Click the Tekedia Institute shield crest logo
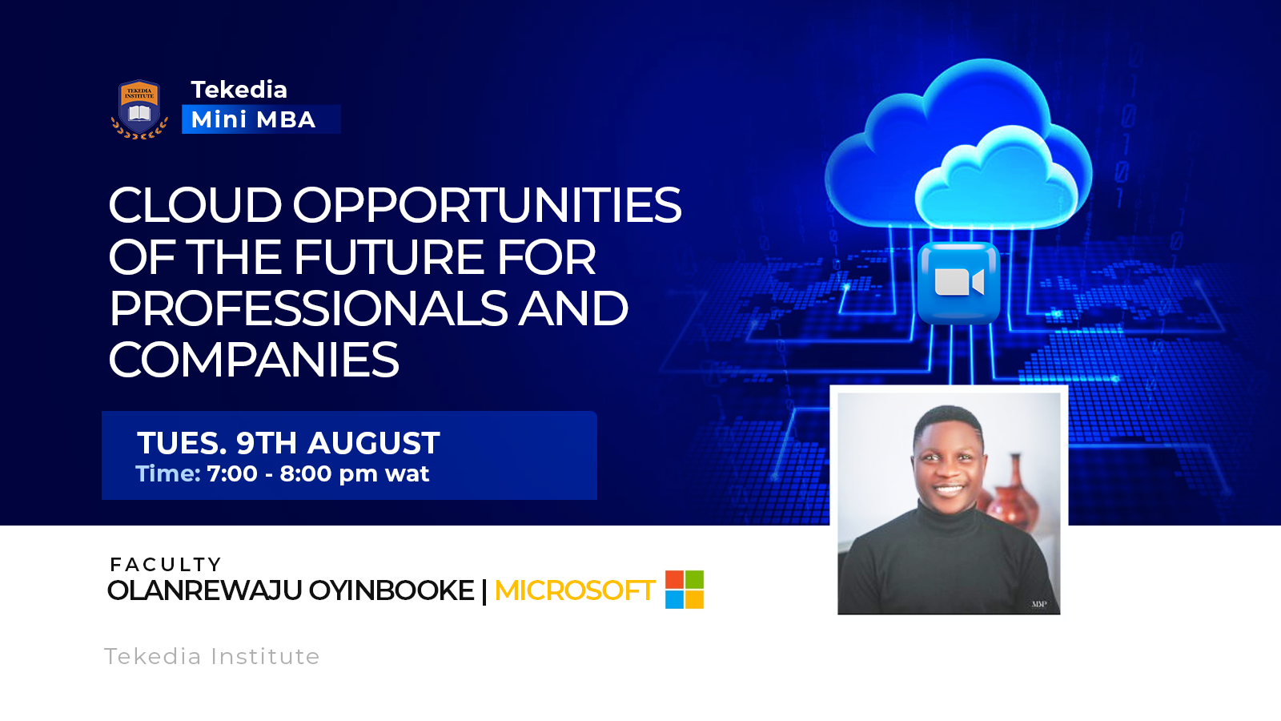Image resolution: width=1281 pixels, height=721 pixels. (x=139, y=109)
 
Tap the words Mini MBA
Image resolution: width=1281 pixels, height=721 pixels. (x=253, y=119)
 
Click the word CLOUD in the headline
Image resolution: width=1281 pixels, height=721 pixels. (x=195, y=205)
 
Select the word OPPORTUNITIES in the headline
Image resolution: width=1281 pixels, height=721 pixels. (x=488, y=205)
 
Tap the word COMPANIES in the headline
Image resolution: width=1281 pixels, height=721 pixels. (x=253, y=360)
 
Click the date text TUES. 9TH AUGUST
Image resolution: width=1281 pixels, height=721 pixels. (x=288, y=443)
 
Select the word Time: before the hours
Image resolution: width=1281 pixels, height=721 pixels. (x=167, y=473)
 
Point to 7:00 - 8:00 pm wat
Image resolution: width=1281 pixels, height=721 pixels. (x=318, y=473)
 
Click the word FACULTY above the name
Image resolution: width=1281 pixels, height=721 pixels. (x=166, y=565)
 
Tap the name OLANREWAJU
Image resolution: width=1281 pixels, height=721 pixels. (x=205, y=590)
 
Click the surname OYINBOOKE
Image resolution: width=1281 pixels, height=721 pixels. (x=392, y=590)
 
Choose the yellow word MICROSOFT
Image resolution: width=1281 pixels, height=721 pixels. (x=575, y=590)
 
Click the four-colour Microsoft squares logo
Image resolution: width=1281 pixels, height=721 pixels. (x=685, y=590)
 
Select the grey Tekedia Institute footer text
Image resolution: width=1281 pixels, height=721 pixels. (x=211, y=656)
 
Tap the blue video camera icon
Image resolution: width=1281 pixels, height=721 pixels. (x=959, y=284)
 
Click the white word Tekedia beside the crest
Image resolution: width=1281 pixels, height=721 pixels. (x=239, y=90)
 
